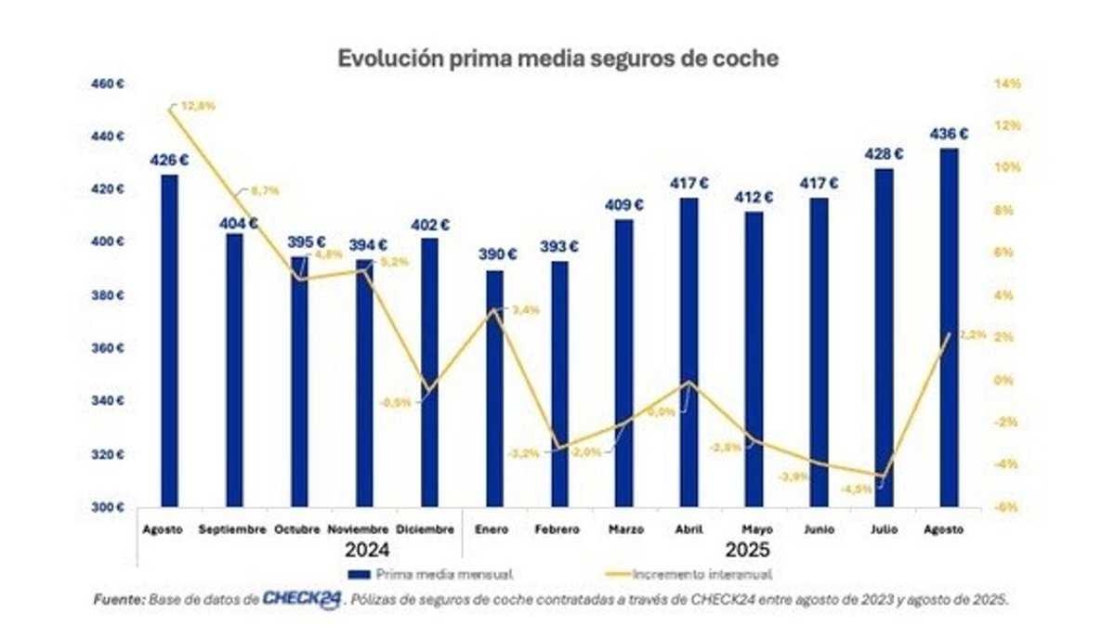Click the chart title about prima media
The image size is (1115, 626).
557,58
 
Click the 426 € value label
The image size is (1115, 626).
170,161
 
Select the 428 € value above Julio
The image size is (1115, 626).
885,154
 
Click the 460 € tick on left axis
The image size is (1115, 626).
109,84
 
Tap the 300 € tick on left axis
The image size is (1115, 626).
109,507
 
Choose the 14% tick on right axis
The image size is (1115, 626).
1007,84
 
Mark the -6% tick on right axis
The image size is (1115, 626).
1007,507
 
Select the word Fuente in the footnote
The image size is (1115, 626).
118,600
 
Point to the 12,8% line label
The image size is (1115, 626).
198,106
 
